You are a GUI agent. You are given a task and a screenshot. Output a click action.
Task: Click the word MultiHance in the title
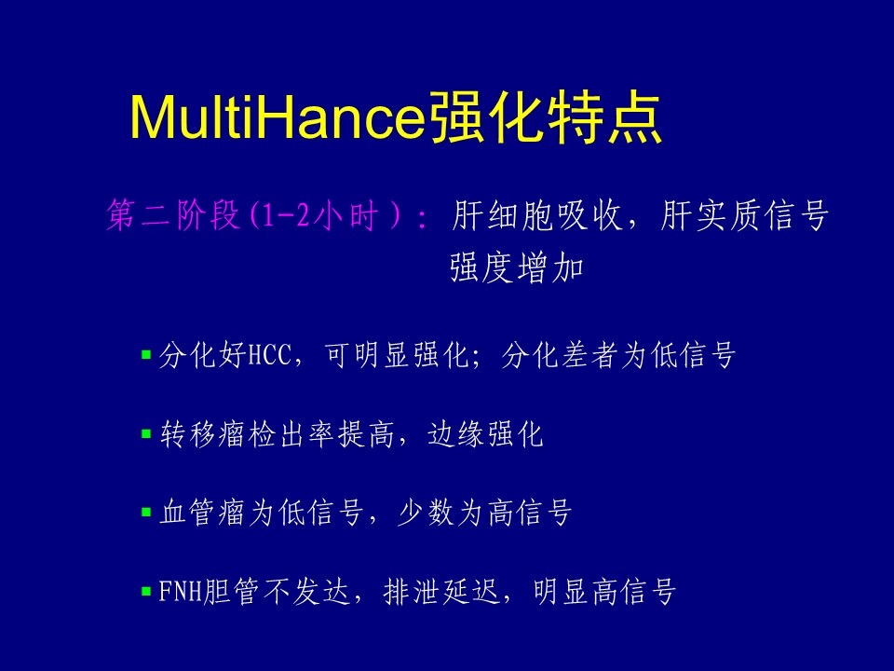278,118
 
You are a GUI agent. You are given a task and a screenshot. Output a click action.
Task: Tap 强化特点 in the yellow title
546,117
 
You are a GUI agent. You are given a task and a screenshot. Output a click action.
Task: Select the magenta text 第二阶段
173,215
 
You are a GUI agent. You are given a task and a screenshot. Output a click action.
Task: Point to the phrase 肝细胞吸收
536,215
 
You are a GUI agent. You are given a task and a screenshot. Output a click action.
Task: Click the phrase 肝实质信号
744,215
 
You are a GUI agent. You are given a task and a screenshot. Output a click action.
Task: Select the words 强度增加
517,267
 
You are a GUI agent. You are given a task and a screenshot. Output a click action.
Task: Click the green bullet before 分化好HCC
146,355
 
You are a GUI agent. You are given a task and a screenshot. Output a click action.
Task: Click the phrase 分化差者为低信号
618,355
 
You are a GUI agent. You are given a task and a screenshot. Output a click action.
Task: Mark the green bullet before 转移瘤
146,434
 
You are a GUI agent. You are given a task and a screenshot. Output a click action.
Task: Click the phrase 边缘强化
485,434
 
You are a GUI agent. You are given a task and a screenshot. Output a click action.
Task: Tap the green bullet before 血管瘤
146,513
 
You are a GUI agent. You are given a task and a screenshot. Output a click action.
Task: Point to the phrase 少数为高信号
484,513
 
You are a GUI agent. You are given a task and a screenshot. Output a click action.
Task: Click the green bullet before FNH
146,591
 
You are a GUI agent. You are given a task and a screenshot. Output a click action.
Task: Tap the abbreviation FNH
181,591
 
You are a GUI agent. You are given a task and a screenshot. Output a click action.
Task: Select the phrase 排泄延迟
441,591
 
